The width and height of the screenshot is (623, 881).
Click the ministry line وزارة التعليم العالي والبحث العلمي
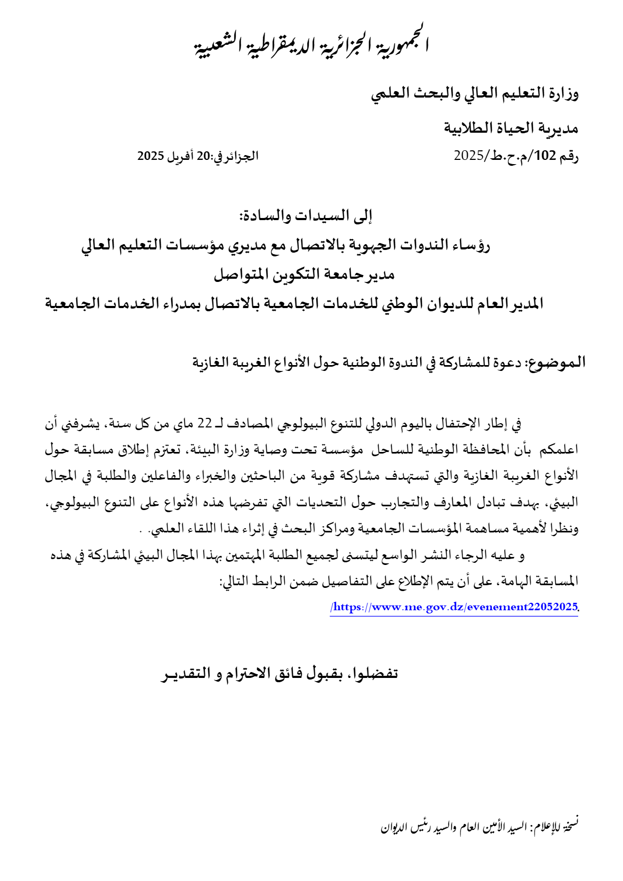tap(475, 94)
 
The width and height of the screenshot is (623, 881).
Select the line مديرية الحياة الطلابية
tap(511, 128)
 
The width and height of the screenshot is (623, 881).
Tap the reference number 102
tap(545, 156)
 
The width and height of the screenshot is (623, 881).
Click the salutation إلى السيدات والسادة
tap(306, 216)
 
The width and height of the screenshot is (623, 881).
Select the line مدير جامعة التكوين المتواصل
tap(304, 274)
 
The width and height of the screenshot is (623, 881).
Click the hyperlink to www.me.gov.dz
tap(454, 607)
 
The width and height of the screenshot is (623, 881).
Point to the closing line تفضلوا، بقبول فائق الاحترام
tap(280, 674)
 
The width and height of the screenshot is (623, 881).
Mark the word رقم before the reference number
tap(569, 156)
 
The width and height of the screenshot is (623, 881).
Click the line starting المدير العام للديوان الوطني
tap(294, 304)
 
